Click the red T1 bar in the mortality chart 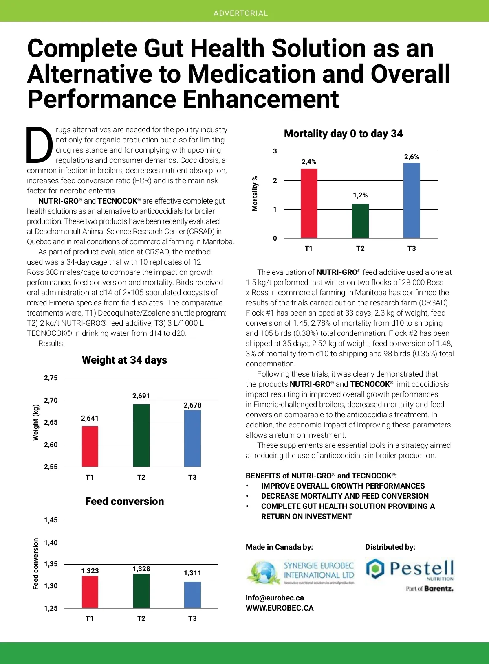point(309,203)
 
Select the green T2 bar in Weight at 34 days point(141,435)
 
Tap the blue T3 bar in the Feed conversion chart point(192,595)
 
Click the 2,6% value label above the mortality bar point(412,157)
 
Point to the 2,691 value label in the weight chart point(141,396)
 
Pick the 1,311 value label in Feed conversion point(192,573)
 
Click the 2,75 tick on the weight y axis point(51,378)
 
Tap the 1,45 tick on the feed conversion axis point(51,520)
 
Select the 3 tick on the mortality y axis point(275,151)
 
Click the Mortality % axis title point(255,193)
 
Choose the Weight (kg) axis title point(36,422)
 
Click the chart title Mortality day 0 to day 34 point(343,134)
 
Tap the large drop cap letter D point(40,144)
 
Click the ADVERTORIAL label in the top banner point(240,13)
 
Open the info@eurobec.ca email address point(275,598)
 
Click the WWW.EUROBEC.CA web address point(280,608)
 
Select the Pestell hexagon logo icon point(375,568)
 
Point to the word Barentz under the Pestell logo point(439,588)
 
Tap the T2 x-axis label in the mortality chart point(360,248)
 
